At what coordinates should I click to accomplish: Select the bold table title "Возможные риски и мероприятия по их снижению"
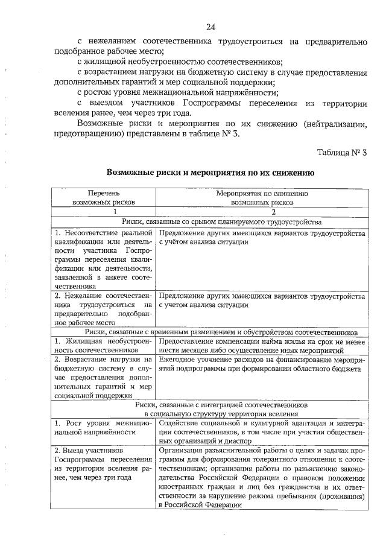(210, 172)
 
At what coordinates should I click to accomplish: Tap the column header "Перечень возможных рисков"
(103, 198)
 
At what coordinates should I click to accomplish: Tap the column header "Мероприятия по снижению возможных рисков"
(262, 198)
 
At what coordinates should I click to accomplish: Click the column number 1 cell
(103, 212)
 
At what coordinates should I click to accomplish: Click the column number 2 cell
(262, 212)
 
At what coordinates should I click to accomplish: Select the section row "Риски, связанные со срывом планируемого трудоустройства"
(210, 222)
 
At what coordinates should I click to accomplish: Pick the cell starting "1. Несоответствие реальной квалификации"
(103, 259)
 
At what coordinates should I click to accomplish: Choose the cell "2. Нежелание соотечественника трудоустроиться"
(103, 310)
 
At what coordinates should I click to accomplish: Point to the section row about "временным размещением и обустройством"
(210, 332)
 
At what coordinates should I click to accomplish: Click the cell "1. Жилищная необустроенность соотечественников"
(103, 346)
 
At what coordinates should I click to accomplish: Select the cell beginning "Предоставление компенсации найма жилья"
(262, 346)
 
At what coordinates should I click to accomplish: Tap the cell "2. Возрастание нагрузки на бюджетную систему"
(103, 378)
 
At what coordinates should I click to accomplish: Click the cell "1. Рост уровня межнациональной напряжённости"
(103, 427)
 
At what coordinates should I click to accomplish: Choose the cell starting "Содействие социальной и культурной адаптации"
(262, 432)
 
